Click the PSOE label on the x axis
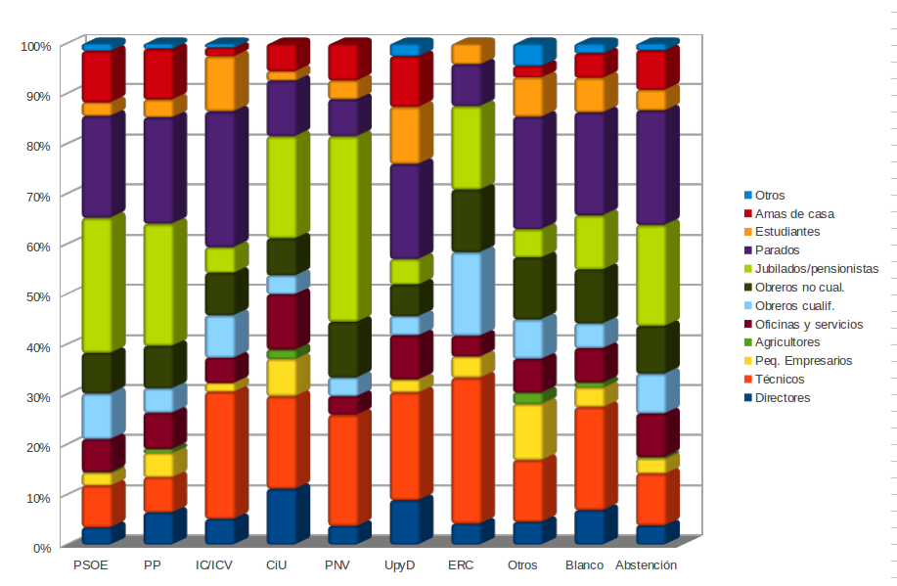click(x=91, y=565)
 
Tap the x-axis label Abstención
click(x=646, y=565)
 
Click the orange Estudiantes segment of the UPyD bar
click(x=404, y=135)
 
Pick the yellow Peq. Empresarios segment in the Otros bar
click(x=527, y=431)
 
